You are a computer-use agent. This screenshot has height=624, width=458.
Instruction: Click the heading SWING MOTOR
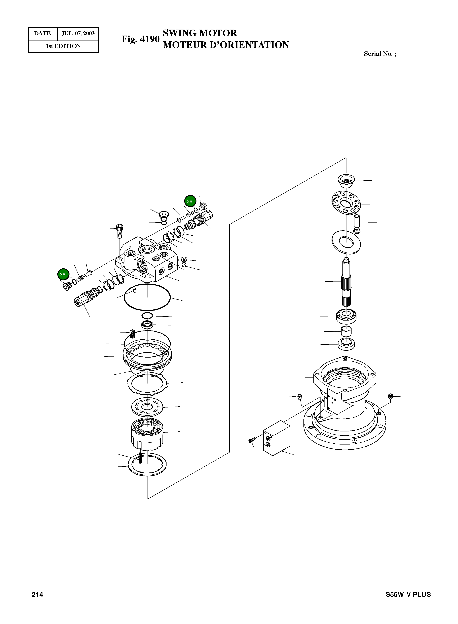pyautogui.click(x=200, y=33)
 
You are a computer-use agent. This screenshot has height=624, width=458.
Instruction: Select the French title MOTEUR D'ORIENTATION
pyautogui.click(x=226, y=45)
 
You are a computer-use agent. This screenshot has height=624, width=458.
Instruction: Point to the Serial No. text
pyautogui.click(x=380, y=54)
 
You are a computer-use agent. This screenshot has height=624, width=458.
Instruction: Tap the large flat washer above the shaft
pyautogui.click(x=346, y=241)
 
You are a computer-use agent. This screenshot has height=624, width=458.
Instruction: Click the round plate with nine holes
pyautogui.click(x=346, y=203)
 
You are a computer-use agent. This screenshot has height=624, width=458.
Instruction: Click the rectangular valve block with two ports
pyautogui.click(x=276, y=438)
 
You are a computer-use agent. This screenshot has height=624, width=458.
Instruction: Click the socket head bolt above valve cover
pyautogui.click(x=120, y=231)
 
